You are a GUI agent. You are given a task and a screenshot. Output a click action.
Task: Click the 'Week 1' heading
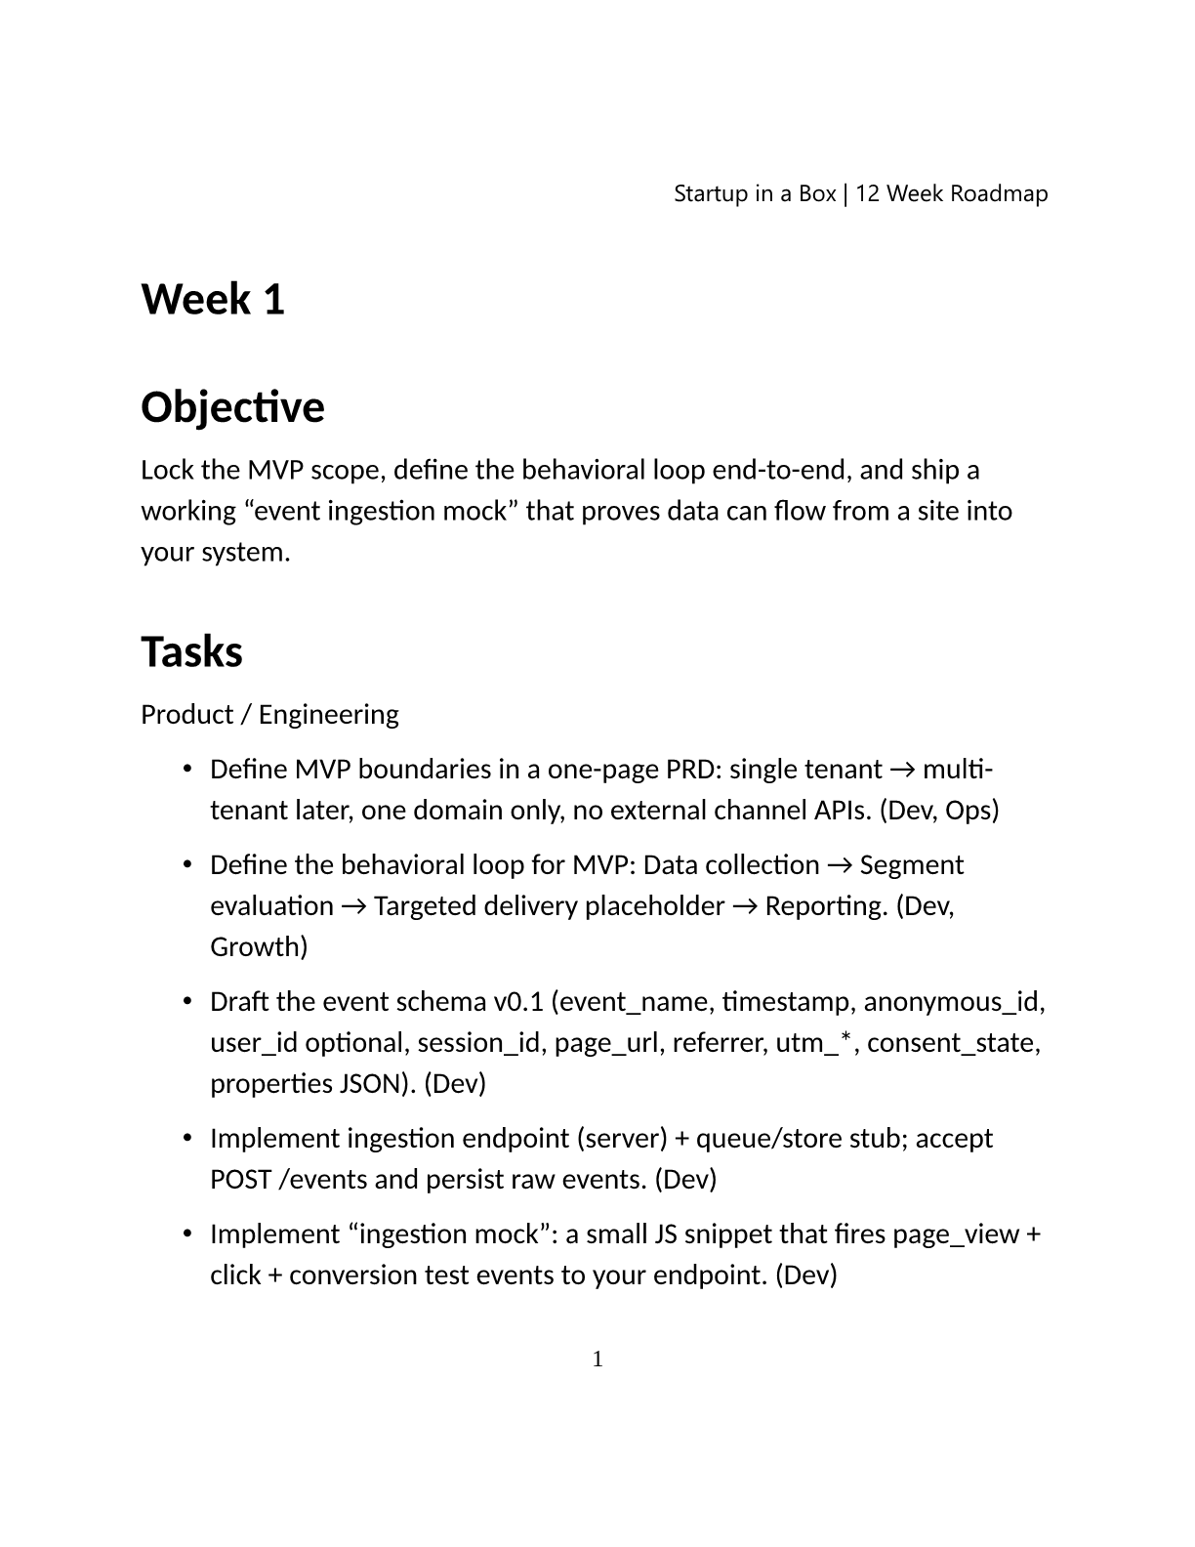[x=213, y=299]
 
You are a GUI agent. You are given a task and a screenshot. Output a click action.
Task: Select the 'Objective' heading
[x=232, y=407]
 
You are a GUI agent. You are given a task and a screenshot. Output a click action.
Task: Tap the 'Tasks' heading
[x=191, y=652]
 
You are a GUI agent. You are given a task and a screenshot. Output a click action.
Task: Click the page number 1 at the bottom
[x=597, y=1359]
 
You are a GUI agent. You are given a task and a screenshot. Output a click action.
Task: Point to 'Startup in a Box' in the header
[x=755, y=193]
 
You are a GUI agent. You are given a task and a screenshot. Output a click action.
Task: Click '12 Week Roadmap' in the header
[x=952, y=193]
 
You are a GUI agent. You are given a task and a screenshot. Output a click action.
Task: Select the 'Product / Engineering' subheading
[x=269, y=715]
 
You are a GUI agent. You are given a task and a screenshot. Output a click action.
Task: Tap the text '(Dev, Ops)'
[x=939, y=811]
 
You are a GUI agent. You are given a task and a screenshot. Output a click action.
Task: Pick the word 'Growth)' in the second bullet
[x=259, y=947]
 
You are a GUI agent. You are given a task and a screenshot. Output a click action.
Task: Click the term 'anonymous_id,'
[x=954, y=1002]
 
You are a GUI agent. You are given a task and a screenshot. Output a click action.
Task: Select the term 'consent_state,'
[x=953, y=1043]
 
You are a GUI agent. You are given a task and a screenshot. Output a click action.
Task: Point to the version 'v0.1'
[x=518, y=1002]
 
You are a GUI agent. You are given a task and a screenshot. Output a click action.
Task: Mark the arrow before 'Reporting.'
[x=745, y=906]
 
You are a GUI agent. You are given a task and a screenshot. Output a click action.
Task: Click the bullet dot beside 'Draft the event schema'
[x=186, y=1002]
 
